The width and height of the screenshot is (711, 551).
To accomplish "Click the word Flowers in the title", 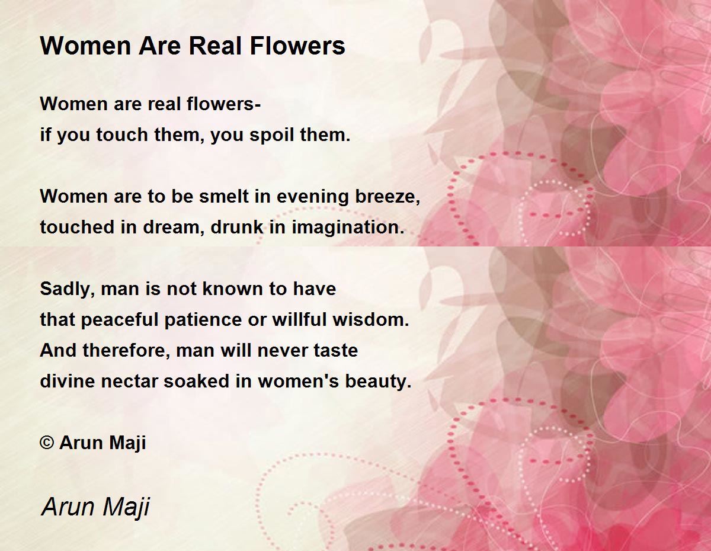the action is pyautogui.click(x=298, y=46).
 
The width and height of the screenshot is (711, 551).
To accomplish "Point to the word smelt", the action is pyautogui.click(x=220, y=197).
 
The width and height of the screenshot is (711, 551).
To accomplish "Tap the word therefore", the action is pyautogui.click(x=126, y=350).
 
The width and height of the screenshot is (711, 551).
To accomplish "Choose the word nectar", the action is pyautogui.click(x=130, y=382).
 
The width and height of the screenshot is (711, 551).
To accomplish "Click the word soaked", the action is pyautogui.click(x=192, y=381).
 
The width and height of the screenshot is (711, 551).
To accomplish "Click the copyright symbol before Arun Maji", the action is pyautogui.click(x=47, y=443).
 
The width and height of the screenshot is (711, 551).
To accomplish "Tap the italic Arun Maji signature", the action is pyautogui.click(x=95, y=507).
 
